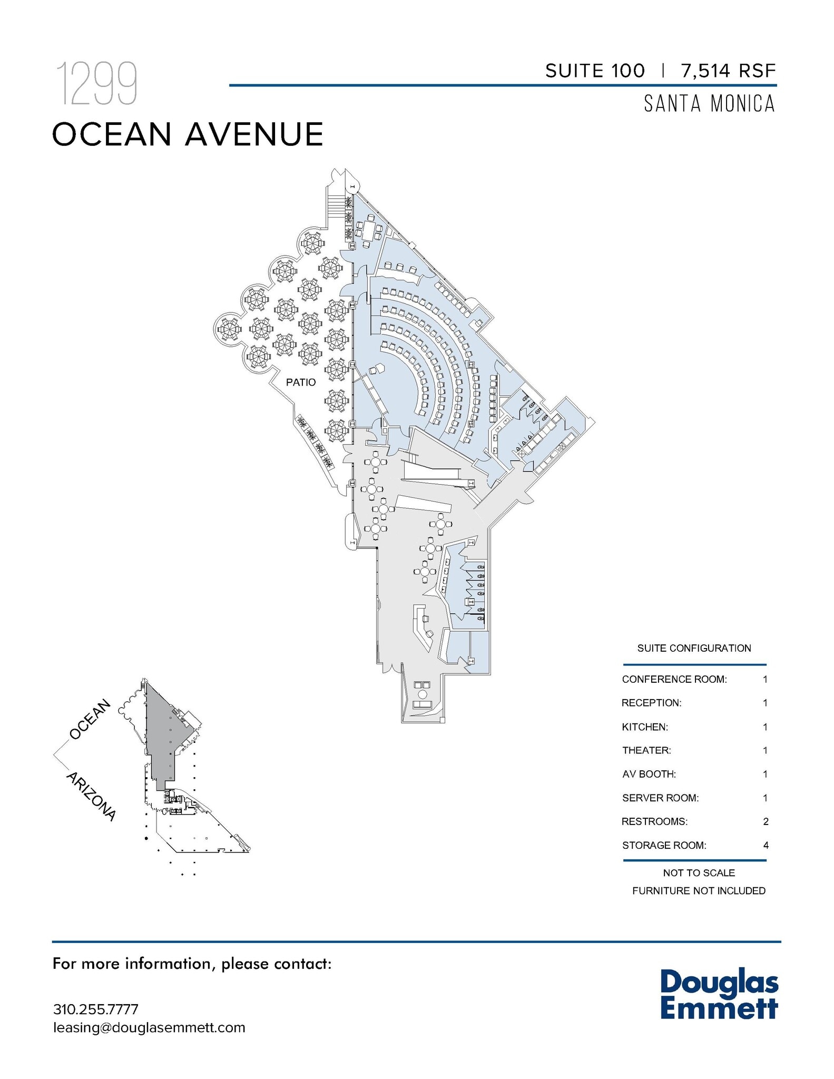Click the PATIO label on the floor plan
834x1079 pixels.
(301, 382)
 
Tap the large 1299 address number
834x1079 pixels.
(97, 83)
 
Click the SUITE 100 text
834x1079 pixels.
(595, 71)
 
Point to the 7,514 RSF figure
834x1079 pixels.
(729, 71)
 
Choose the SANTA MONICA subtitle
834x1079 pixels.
(710, 104)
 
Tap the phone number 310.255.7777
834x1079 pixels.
(96, 1009)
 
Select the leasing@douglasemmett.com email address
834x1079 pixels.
(149, 1027)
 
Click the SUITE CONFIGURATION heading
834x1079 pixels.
(694, 648)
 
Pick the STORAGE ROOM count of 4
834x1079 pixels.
(766, 845)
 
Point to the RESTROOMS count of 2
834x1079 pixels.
(766, 821)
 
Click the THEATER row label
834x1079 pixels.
(646, 750)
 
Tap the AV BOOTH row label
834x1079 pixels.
(649, 774)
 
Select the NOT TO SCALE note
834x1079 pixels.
(699, 873)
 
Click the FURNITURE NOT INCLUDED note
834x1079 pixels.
(699, 891)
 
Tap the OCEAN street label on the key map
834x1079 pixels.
(91, 719)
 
